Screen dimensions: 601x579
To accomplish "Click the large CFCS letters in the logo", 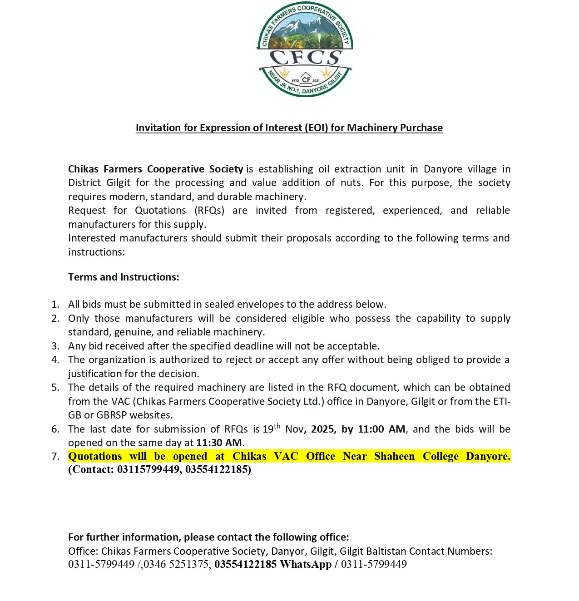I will [305, 58].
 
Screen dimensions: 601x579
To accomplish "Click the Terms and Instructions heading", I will [124, 277].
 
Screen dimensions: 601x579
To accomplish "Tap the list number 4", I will [55, 360].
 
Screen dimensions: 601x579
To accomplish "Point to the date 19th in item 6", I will [271, 429].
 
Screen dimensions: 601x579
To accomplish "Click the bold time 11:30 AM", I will [219, 443].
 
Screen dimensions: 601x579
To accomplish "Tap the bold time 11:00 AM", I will [381, 429].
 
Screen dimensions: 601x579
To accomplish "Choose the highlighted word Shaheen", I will [394, 456].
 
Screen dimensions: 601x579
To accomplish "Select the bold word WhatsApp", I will [305, 564].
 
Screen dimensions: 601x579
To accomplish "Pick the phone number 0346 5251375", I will [177, 564].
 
